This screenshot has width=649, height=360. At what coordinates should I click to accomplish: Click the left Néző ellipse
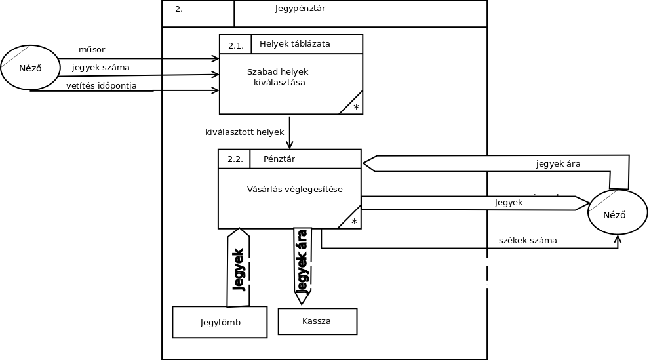(30, 68)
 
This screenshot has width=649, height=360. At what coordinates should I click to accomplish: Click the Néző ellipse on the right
(618, 214)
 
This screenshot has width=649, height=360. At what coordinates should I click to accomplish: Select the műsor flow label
(92, 50)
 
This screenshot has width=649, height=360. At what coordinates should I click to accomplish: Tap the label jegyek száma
(100, 67)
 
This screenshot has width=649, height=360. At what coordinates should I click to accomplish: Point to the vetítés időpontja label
(102, 85)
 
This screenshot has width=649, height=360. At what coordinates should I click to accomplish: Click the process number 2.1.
(235, 45)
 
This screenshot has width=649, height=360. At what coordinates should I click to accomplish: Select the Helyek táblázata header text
(294, 44)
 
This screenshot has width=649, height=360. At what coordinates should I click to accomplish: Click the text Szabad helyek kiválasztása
(278, 77)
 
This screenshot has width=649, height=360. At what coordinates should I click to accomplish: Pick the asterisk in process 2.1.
(356, 107)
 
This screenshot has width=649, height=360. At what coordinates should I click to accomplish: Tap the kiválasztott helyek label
(245, 132)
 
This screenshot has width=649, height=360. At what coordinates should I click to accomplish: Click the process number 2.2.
(235, 159)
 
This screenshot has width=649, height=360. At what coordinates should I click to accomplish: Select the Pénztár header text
(279, 159)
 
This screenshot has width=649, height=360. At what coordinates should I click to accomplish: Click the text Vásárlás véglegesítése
(294, 190)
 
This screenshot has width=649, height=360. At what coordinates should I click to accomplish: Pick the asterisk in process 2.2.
(354, 222)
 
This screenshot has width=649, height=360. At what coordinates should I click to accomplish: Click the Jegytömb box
(220, 322)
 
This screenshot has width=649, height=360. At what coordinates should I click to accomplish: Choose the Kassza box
(317, 321)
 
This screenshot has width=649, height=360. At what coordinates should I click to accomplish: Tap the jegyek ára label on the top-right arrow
(558, 163)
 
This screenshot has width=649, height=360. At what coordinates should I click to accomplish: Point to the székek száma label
(528, 241)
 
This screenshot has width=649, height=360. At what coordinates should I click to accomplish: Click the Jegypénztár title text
(300, 9)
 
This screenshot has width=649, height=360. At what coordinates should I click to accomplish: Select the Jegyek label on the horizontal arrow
(509, 203)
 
